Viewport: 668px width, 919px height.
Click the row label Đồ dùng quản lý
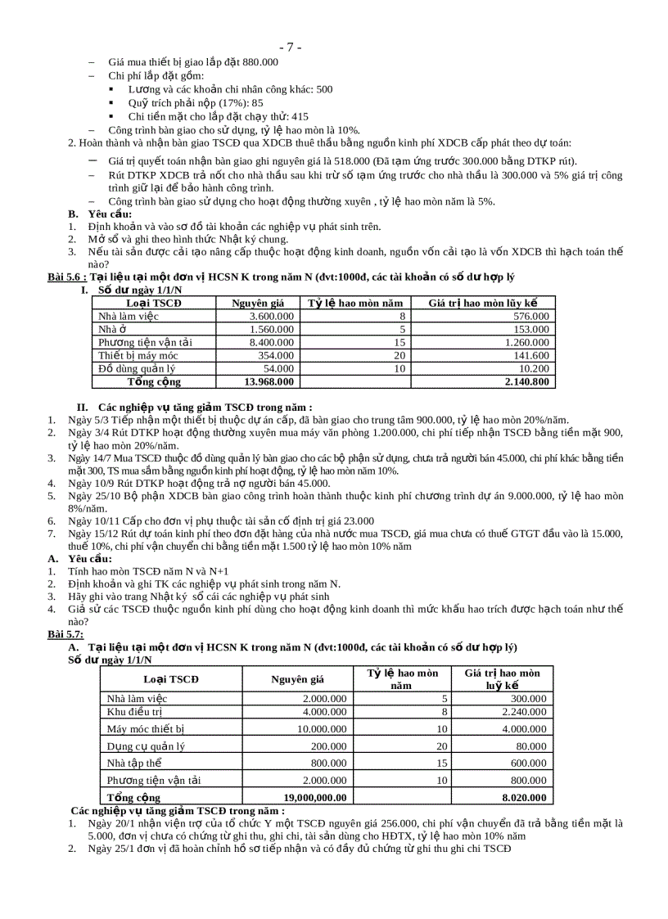point(137,368)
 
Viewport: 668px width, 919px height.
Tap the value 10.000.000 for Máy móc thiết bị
point(317,728)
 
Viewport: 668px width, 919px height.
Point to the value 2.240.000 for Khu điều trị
point(522,712)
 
